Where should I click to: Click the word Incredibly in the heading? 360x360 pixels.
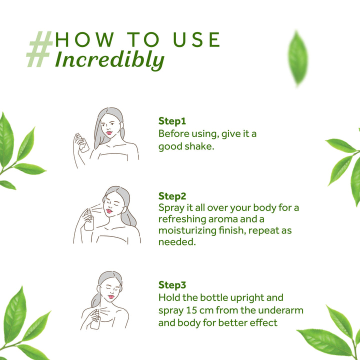tap(109, 59)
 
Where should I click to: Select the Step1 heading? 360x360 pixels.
tap(172, 121)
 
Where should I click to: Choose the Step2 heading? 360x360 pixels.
tap(172, 195)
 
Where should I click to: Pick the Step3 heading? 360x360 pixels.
tap(172, 285)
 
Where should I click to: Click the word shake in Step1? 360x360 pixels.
tap(199, 146)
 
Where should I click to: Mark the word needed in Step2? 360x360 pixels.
tap(175, 242)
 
